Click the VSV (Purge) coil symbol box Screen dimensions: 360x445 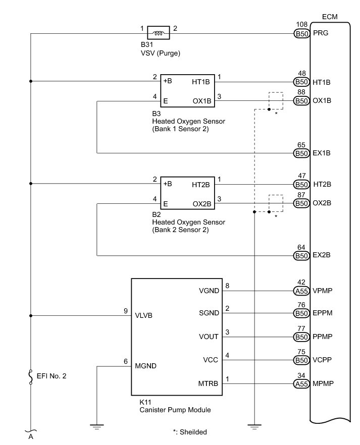[x=159, y=33]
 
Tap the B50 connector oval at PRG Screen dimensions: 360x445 [x=302, y=34]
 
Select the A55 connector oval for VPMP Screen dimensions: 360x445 [x=302, y=291]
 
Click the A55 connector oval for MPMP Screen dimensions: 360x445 [x=302, y=384]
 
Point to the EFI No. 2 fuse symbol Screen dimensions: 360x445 [x=31, y=377]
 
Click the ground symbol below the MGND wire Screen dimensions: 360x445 [x=97, y=427]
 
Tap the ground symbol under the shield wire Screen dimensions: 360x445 [x=254, y=427]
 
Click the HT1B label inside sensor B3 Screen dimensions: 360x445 [x=201, y=82]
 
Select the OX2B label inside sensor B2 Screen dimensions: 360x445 [x=202, y=204]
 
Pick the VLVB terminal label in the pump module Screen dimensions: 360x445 [x=144, y=316]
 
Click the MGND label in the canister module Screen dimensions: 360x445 [x=145, y=366]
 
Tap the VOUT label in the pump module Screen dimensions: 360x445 [x=209, y=337]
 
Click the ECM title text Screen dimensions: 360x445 [x=330, y=17]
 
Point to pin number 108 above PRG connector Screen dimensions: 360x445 [x=302, y=25]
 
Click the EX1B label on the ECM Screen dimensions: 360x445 [x=322, y=153]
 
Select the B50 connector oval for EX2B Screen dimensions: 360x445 [x=302, y=256]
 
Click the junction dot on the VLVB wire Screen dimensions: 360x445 [x=31, y=316]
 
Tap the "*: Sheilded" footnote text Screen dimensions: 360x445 [x=190, y=432]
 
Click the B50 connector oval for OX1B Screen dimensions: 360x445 [x=302, y=101]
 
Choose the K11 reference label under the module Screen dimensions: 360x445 [x=145, y=402]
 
